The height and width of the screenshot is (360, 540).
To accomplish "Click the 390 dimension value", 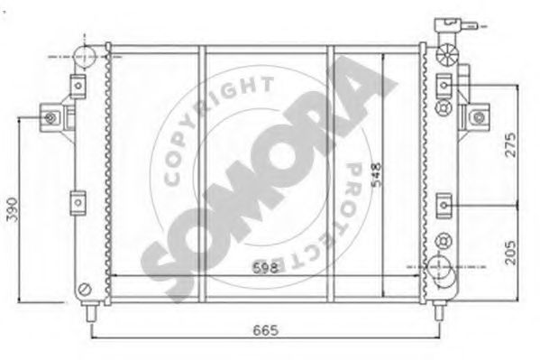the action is [12, 209].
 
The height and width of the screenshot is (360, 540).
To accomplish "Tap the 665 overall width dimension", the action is [266, 330].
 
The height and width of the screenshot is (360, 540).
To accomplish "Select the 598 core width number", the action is [265, 268].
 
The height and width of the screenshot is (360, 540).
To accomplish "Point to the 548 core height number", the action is [377, 175].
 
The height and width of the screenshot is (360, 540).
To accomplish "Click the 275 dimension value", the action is [511, 145].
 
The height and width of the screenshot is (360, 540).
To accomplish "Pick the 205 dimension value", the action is [511, 253].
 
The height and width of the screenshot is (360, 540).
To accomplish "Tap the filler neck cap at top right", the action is [455, 25].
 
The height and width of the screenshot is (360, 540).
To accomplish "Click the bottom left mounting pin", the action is [91, 311].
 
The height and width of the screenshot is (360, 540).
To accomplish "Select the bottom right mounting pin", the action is [438, 310].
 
